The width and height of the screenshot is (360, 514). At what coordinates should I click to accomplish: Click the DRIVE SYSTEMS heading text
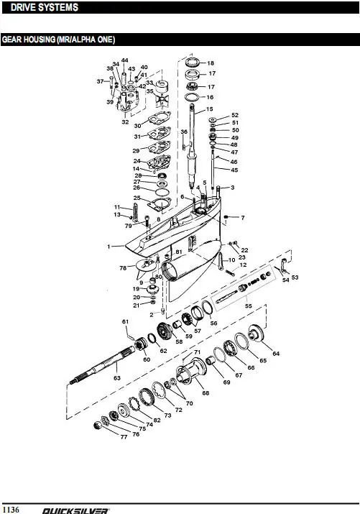[x=45, y=7]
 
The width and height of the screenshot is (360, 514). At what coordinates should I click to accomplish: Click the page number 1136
[x=11, y=509]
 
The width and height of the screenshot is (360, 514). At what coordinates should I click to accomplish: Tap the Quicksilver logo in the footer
[x=75, y=510]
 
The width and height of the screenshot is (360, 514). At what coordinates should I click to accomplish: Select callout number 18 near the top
[x=211, y=63]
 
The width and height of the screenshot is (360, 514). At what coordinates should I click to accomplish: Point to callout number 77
[x=124, y=436]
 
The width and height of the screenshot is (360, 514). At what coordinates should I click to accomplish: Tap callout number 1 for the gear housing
[x=109, y=246]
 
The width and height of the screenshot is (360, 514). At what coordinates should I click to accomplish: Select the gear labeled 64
[x=257, y=333]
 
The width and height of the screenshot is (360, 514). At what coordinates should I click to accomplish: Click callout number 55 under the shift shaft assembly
[x=249, y=306]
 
